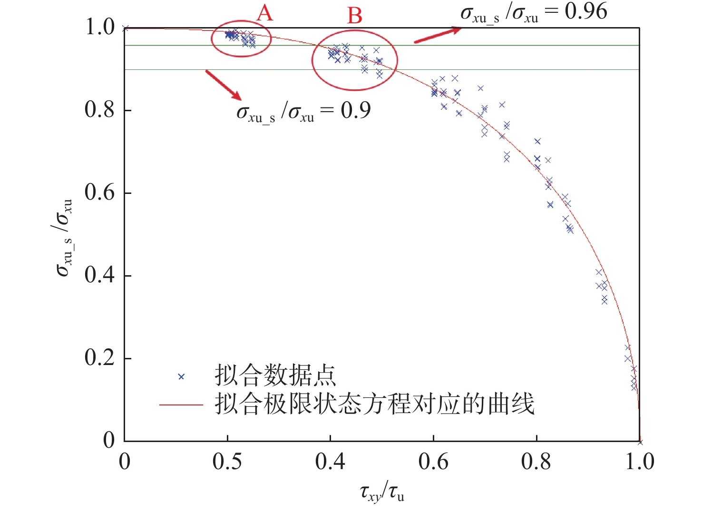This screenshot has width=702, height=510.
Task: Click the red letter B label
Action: (x=355, y=16)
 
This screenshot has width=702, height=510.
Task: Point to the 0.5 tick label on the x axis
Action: (x=227, y=462)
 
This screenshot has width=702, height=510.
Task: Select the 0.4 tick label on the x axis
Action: (x=330, y=462)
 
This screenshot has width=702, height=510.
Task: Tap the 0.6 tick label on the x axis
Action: (x=433, y=462)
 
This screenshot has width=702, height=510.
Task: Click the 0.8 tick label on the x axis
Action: (x=536, y=462)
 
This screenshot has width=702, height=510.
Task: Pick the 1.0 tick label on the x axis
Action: (x=639, y=462)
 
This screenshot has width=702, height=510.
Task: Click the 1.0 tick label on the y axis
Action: (x=100, y=27)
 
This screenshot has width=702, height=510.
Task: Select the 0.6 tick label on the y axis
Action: (x=100, y=192)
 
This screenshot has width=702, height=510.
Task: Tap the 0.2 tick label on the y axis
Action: (x=100, y=357)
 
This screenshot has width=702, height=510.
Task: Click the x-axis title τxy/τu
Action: (x=382, y=492)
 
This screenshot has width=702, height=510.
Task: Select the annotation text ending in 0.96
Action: (x=534, y=12)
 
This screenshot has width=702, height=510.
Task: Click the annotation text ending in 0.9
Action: (x=303, y=112)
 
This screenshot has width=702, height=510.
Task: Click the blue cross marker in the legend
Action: (x=181, y=376)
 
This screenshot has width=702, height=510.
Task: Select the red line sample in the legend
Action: (x=181, y=405)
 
